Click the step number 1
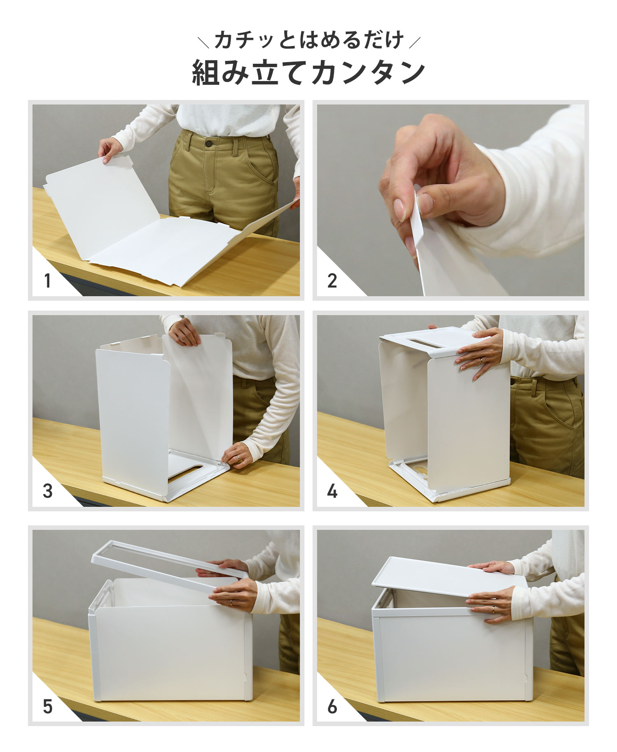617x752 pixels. (48, 281)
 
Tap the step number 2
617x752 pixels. (332, 281)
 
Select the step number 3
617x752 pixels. (48, 491)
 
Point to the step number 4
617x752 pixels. (332, 491)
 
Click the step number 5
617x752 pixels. (48, 706)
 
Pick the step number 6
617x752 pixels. (332, 706)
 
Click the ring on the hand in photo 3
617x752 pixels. (239, 457)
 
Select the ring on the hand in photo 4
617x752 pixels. (481, 361)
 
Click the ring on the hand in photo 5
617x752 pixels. (231, 602)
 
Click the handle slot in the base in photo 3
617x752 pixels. (185, 471)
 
